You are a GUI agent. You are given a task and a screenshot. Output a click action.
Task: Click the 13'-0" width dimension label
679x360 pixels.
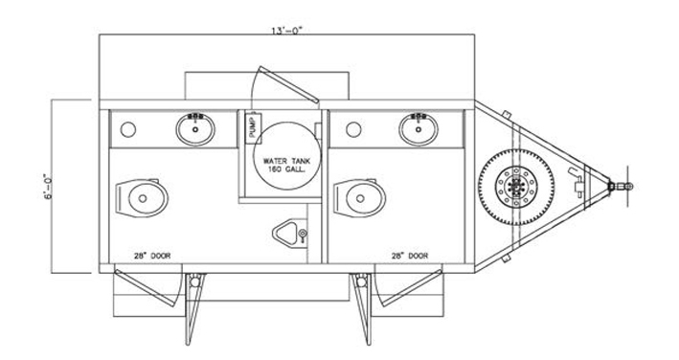(x=286, y=31)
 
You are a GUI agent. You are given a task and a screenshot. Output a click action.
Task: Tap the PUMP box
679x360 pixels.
(x=254, y=126)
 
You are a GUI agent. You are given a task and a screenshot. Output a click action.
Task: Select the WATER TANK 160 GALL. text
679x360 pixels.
(x=286, y=165)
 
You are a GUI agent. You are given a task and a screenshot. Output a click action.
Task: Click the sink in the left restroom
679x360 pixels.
(x=195, y=129)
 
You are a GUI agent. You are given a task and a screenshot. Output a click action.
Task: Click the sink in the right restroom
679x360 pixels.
(x=419, y=129)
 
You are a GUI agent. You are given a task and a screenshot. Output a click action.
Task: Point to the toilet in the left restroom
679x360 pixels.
(x=142, y=198)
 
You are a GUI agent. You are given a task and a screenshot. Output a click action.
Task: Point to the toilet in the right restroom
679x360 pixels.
(x=359, y=198)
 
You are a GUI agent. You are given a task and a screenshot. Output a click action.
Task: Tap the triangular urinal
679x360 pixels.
(x=290, y=234)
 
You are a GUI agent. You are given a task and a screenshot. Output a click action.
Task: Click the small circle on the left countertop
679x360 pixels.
(x=128, y=129)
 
